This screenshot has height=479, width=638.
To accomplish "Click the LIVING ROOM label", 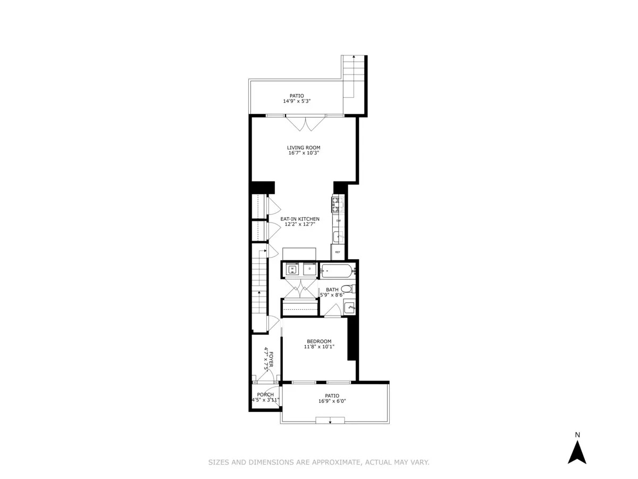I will tap(304, 148).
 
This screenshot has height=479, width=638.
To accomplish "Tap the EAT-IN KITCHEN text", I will tap(300, 219).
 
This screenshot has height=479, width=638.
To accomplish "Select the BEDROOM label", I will tap(319, 341).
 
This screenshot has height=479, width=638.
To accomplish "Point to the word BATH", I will tap(332, 290).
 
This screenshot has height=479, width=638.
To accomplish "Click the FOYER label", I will tap(271, 360).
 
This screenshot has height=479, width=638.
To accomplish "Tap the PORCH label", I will tap(265, 394).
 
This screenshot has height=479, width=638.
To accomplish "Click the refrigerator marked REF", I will tap(337, 252).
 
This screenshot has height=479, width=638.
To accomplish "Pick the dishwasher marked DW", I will tap(338, 220).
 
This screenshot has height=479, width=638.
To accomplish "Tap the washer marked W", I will tap(292, 270).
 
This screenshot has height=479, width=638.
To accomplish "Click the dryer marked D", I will tap(309, 270).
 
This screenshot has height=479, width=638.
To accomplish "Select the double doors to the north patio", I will tap(304, 123).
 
